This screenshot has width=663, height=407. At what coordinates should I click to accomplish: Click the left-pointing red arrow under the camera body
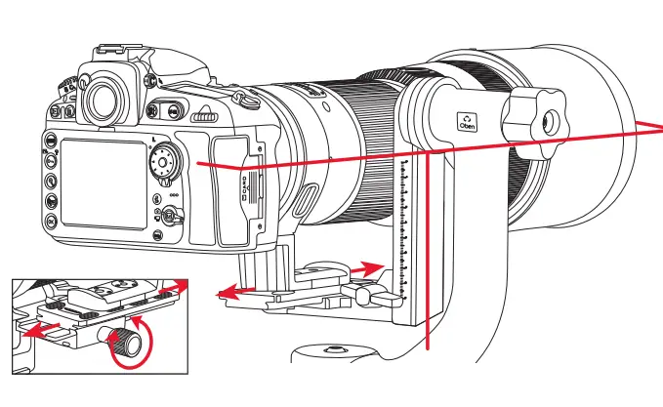[x=232, y=290]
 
